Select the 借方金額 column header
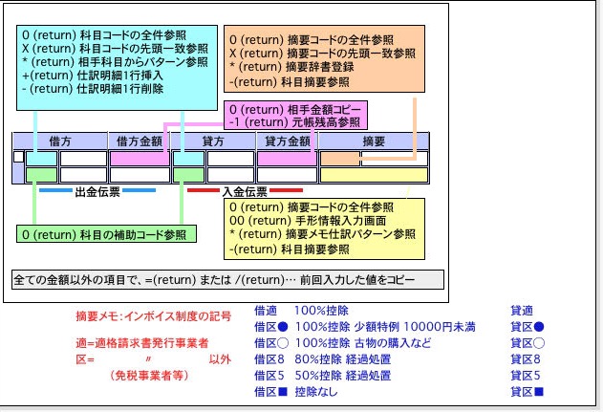140,141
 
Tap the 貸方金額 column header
288,141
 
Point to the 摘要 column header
374,141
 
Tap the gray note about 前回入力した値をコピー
228,281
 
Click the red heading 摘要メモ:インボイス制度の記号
153,316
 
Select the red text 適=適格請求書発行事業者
142,343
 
